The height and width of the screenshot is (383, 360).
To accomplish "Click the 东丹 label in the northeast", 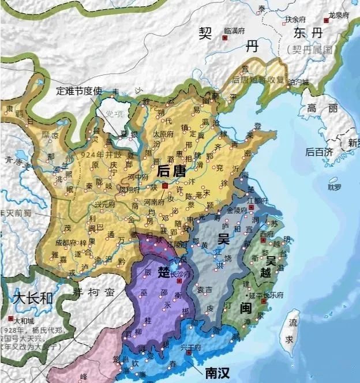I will (307, 33).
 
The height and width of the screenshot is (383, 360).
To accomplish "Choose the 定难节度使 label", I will (79, 91).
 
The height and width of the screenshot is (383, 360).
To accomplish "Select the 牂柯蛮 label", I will (94, 292).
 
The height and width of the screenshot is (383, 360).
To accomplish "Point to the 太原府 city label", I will (164, 134).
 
